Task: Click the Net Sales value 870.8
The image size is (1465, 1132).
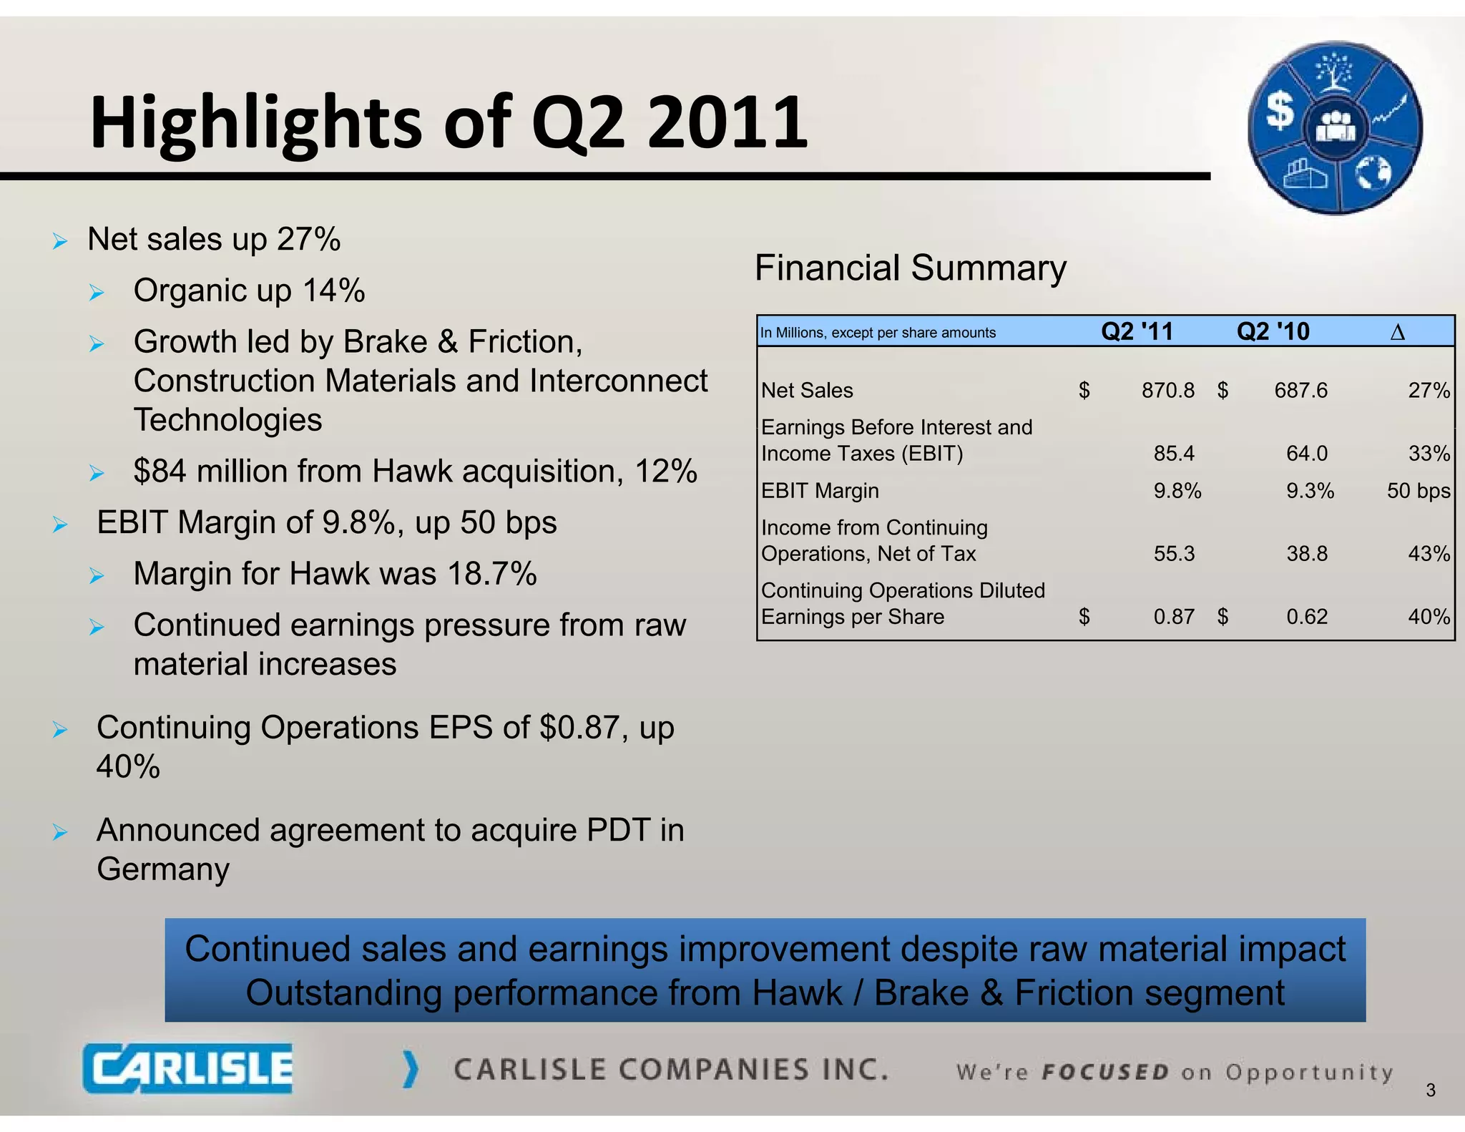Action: pyautogui.click(x=1167, y=390)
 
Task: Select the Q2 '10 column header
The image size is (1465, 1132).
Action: pyautogui.click(x=1273, y=331)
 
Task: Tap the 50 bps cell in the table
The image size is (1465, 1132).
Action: pyautogui.click(x=1418, y=491)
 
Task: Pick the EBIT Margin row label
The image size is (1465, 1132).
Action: pyautogui.click(x=820, y=491)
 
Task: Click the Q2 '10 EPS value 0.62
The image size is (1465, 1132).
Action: pyautogui.click(x=1306, y=617)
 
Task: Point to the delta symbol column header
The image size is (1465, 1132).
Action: pyautogui.click(x=1397, y=332)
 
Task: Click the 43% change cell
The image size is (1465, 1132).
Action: pyautogui.click(x=1429, y=554)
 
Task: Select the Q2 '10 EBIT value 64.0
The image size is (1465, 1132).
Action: pyautogui.click(x=1306, y=454)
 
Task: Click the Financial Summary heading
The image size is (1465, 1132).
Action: pyautogui.click(x=910, y=268)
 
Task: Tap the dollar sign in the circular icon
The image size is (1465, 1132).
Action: pyautogui.click(x=1280, y=111)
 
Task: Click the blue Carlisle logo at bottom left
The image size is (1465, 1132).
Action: pyautogui.click(x=187, y=1068)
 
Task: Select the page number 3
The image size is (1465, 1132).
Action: pyautogui.click(x=1430, y=1090)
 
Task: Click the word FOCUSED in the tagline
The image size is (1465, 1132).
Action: pyautogui.click(x=1105, y=1072)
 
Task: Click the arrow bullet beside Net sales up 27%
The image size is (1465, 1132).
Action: pyautogui.click(x=60, y=241)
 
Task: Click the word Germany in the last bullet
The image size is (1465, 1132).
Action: pyautogui.click(x=163, y=869)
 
